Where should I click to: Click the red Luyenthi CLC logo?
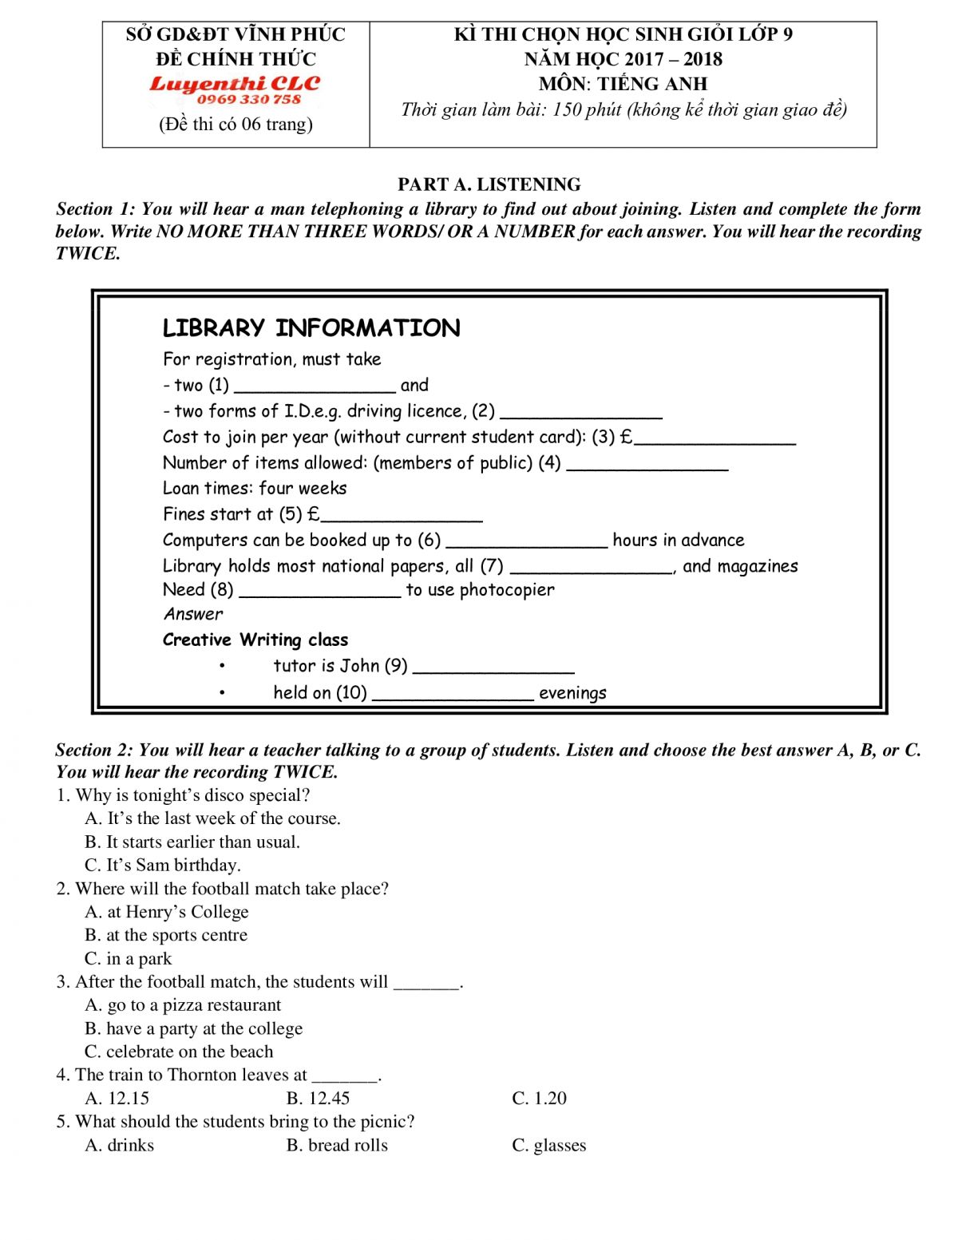tap(235, 84)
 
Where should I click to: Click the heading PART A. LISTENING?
tap(489, 184)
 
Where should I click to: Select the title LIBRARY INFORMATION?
tap(311, 328)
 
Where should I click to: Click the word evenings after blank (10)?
tap(572, 693)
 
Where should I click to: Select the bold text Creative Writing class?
tap(255, 640)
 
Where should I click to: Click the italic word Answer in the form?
tap(193, 614)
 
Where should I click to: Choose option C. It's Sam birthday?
tap(162, 865)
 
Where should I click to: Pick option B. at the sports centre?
tap(166, 935)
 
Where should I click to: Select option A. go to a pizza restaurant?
tap(183, 1004)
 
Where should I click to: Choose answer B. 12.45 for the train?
tap(318, 1098)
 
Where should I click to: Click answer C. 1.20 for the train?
tap(539, 1098)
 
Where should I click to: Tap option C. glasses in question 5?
tap(548, 1145)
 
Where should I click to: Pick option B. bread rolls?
tap(337, 1145)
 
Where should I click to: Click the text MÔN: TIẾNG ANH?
tap(623, 84)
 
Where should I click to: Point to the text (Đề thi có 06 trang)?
tap(236, 124)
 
